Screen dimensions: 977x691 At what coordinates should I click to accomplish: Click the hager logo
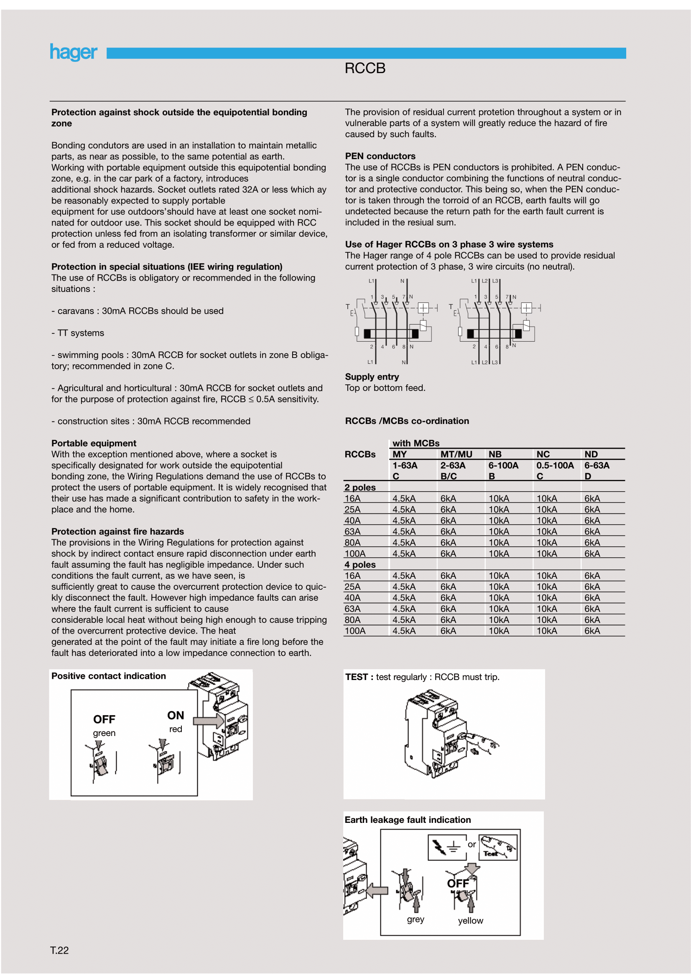tap(73, 52)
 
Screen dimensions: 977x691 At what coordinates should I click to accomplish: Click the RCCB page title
tap(365, 69)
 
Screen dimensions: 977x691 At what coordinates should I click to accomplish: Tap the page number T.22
tap(59, 950)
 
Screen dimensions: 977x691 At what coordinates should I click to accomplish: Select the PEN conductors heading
tap(380, 156)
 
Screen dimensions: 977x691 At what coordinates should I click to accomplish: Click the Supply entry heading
tap(372, 377)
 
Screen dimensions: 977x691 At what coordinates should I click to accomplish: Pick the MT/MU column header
tap(456, 454)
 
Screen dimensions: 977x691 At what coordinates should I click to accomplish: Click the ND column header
tap(591, 454)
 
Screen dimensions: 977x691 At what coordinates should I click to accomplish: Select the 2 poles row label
tap(360, 487)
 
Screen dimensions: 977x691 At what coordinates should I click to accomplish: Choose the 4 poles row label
tap(360, 565)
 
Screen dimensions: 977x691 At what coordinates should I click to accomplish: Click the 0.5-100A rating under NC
tap(555, 465)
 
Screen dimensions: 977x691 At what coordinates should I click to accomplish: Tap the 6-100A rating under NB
tap(503, 465)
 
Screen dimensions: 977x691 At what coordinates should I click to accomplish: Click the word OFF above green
tap(104, 719)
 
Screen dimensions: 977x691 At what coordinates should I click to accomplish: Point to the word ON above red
tap(176, 715)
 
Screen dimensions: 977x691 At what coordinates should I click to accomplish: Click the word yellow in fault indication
tap(470, 921)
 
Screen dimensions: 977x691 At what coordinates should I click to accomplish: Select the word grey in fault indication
tap(415, 919)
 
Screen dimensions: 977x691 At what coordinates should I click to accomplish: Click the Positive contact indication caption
tap(109, 676)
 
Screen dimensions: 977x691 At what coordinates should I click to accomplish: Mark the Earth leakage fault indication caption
tap(408, 820)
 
